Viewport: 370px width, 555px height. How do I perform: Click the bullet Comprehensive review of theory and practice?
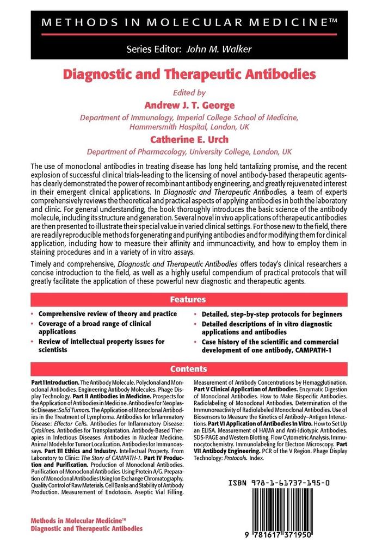pyautogui.click(x=107, y=314)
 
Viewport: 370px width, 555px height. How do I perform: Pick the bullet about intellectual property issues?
pyautogui.click(x=101, y=346)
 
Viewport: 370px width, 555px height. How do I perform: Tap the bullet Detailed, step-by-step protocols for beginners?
pyautogui.click(x=272, y=314)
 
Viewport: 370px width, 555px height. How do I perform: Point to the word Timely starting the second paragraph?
pyautogui.click(x=44, y=264)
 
